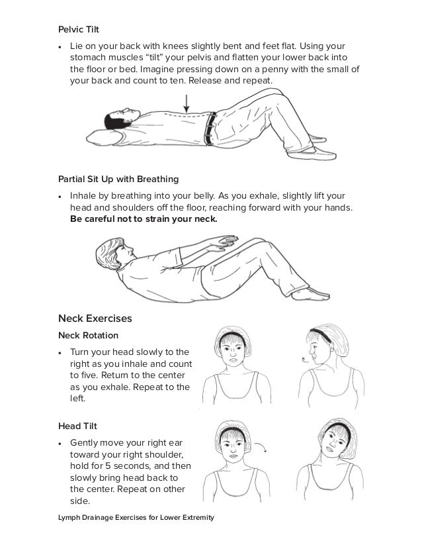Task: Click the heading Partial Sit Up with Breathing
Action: pyautogui.click(x=119, y=179)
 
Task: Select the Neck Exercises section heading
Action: pyautogui.click(x=95, y=319)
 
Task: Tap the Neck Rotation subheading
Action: pyautogui.click(x=87, y=335)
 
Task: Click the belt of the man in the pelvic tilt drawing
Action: pyautogui.click(x=211, y=127)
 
